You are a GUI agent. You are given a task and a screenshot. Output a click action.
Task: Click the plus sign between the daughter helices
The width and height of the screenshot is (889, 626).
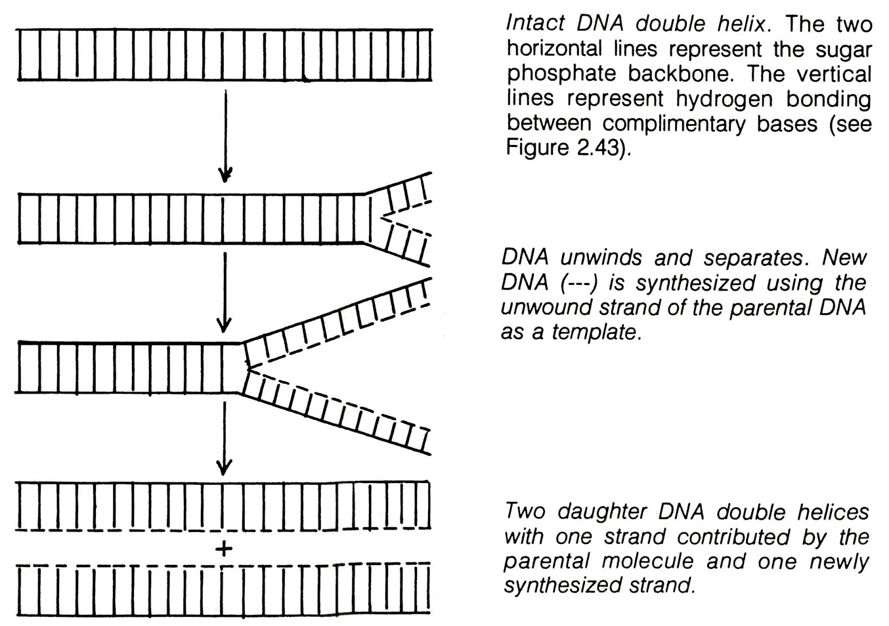(223, 549)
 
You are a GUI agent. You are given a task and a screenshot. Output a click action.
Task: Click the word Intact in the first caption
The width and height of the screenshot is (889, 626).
(536, 24)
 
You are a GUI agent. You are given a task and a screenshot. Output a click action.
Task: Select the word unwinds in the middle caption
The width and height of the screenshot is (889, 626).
(601, 258)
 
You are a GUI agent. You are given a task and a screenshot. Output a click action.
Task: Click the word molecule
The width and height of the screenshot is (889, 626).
(647, 561)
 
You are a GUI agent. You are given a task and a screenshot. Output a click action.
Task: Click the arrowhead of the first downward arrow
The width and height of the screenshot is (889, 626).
(225, 175)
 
